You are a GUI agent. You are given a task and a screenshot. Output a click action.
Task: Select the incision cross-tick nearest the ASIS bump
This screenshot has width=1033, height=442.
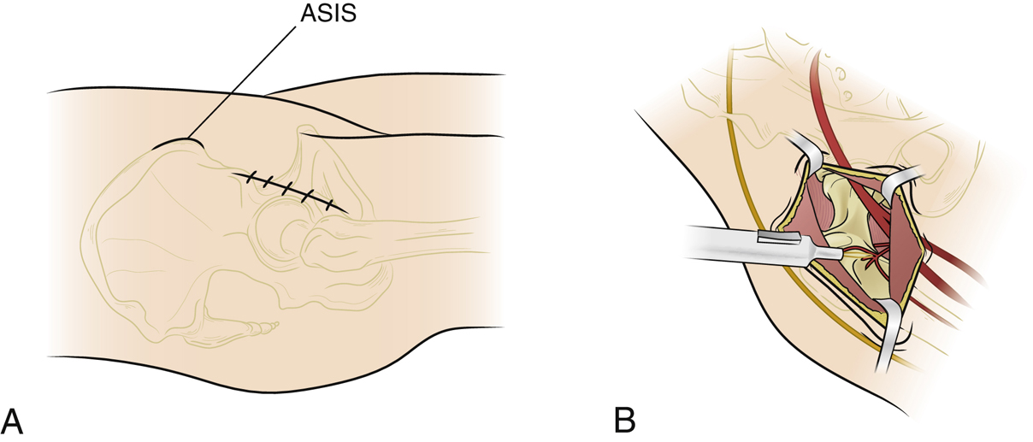(251, 180)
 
